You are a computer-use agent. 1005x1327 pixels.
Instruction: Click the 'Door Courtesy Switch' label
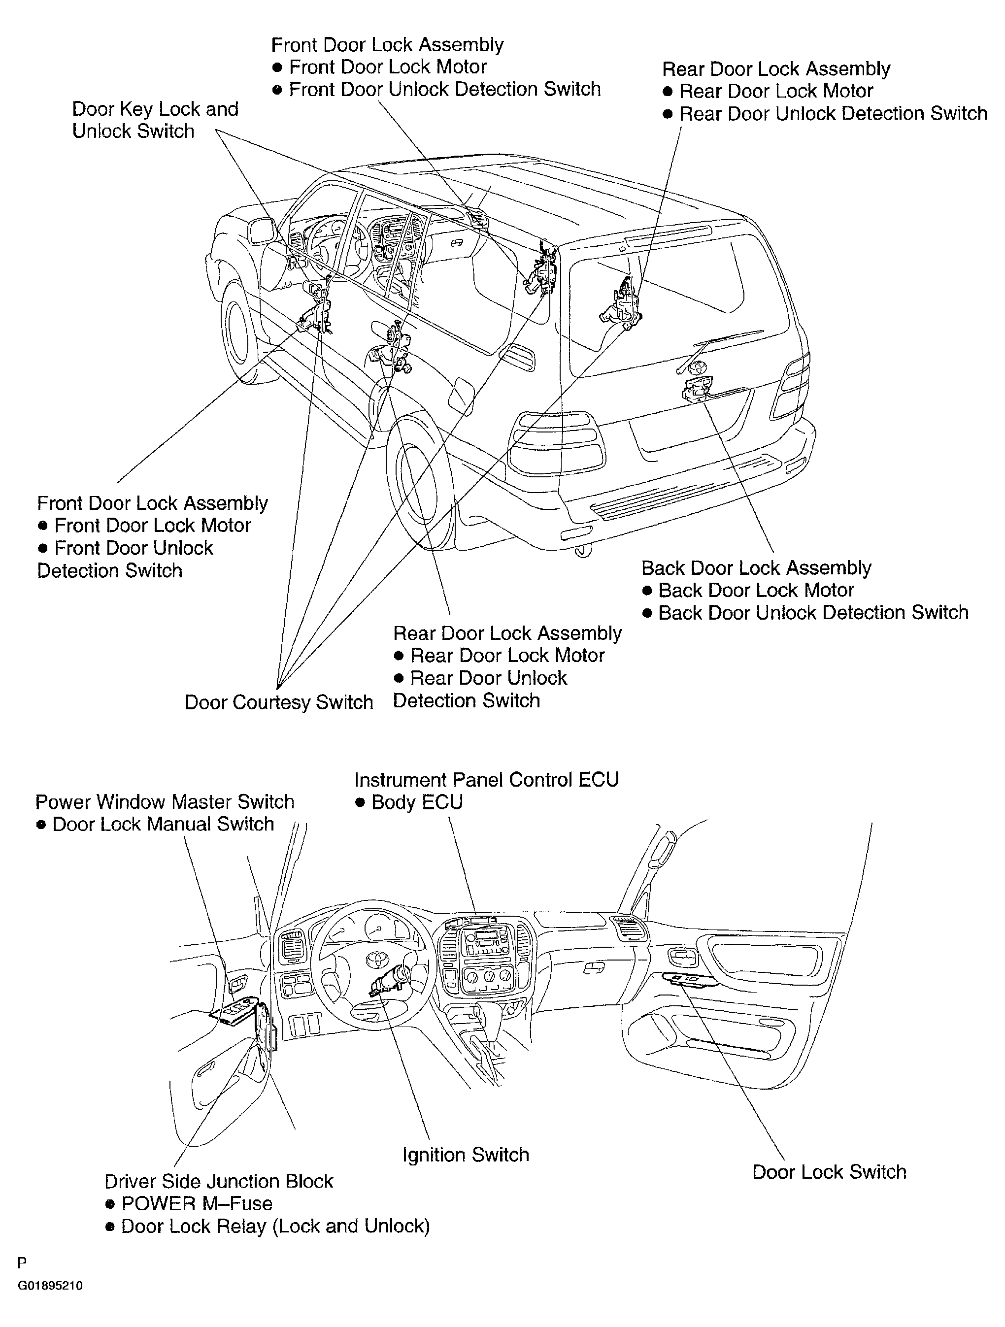point(278,702)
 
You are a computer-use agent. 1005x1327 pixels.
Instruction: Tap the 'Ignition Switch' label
point(466,1154)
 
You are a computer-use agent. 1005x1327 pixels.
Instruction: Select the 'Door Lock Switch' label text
point(829,1172)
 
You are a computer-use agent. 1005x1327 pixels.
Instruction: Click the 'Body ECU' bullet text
point(417,802)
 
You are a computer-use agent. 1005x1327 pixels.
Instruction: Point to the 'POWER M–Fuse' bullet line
point(197,1203)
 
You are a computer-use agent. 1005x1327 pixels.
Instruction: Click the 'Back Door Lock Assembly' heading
point(756,567)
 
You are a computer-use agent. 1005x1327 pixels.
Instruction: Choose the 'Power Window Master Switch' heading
point(165,801)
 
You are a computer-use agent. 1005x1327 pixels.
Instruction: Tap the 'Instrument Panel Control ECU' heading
point(486,779)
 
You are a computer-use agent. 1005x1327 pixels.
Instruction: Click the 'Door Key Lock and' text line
point(155,108)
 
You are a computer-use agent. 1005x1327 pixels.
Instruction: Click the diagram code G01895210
point(50,1286)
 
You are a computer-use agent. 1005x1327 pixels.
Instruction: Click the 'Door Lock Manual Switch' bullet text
point(163,824)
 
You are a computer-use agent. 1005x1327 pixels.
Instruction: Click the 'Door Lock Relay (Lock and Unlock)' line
point(275,1226)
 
